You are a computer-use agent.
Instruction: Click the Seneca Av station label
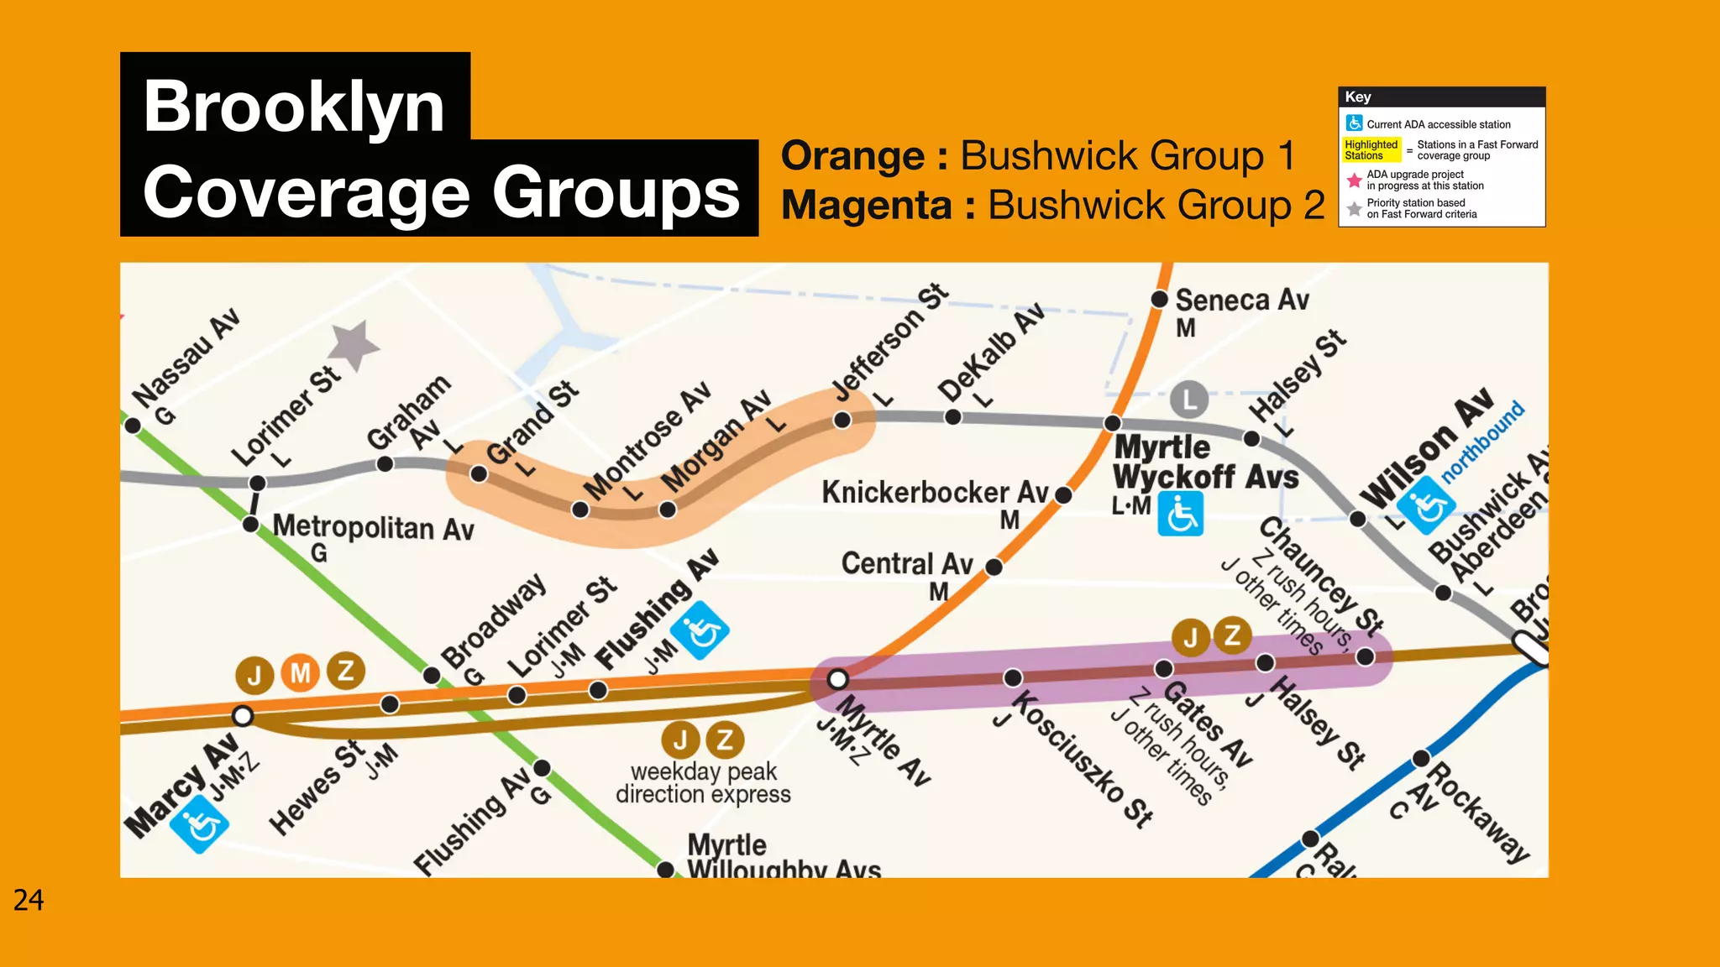1241,300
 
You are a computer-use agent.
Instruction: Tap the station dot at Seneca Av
1160,299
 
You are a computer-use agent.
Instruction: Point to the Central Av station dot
994,567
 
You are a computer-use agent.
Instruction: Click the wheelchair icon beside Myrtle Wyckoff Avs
1180,514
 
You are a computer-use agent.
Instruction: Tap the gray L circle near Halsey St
1189,400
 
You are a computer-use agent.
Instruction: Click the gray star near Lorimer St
354,344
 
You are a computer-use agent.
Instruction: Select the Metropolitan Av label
374,528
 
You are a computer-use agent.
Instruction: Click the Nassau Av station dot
133,426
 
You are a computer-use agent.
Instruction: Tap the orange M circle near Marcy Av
301,673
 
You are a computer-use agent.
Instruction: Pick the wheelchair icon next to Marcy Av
199,824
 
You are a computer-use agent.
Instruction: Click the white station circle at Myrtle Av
837,679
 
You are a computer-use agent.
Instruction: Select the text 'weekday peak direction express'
703,782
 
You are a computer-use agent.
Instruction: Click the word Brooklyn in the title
294,107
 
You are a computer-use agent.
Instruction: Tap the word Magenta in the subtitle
867,206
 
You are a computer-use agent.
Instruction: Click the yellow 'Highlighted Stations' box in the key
1371,150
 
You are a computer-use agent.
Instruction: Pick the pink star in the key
1354,180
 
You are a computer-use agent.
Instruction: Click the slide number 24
29,900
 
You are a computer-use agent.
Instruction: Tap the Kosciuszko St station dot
1013,677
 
